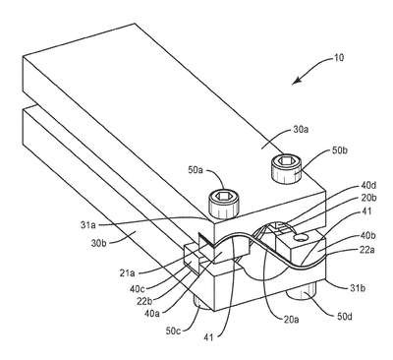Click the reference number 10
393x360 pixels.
click(x=339, y=58)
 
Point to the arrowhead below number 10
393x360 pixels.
click(x=296, y=82)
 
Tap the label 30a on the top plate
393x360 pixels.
click(x=300, y=130)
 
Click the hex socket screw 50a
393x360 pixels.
click(x=224, y=205)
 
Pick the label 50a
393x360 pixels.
click(x=196, y=170)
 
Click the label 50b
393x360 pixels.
click(x=338, y=150)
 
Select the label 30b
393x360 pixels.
click(x=100, y=244)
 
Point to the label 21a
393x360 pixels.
click(x=127, y=272)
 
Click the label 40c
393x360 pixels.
click(x=138, y=288)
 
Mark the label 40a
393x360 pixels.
click(x=151, y=314)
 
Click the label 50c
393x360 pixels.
click(x=174, y=331)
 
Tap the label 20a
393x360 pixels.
click(x=291, y=319)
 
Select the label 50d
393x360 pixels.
click(x=344, y=317)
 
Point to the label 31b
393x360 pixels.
click(x=357, y=288)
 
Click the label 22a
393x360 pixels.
click(x=367, y=250)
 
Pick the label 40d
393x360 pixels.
click(x=367, y=186)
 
